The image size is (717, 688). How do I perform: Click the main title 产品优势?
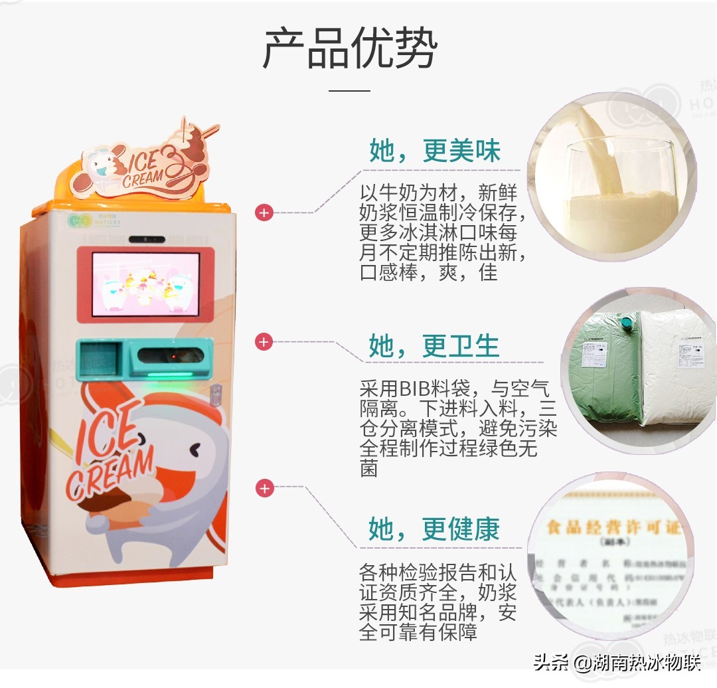[x=350, y=49]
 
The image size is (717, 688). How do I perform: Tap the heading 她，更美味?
[x=435, y=151]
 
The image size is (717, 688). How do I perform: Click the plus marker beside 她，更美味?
[x=264, y=213]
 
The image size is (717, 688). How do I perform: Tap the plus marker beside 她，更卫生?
[x=264, y=342]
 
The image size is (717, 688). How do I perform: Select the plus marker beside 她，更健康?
[x=264, y=489]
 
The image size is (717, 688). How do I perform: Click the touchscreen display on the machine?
[x=145, y=283]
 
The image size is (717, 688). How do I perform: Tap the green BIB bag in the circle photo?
[x=604, y=372]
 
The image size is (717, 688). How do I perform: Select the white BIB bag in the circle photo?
[x=677, y=369]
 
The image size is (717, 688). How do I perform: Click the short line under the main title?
[x=349, y=90]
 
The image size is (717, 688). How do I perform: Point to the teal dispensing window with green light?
[x=171, y=359]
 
